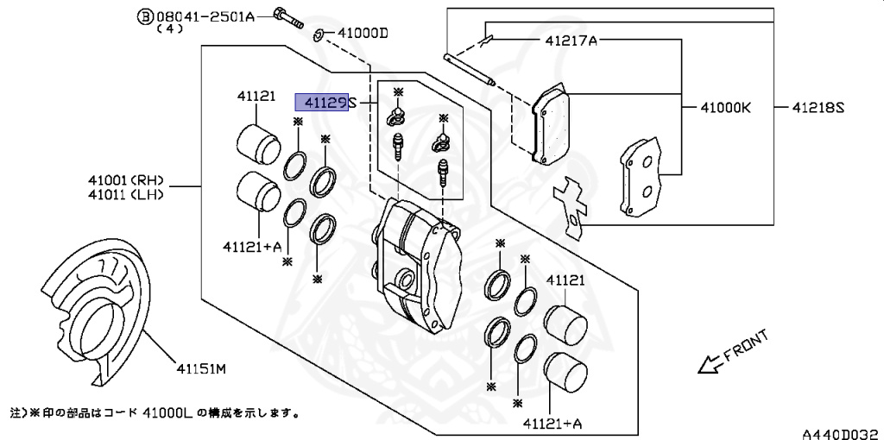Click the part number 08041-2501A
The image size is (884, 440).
click(205, 17)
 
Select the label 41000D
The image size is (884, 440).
click(363, 34)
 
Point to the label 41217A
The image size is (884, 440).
click(571, 41)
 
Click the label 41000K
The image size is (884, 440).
click(725, 108)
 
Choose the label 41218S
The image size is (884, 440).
click(818, 108)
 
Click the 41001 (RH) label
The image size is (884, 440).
click(125, 181)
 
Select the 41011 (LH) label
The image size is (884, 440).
click(125, 195)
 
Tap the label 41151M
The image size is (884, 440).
click(201, 369)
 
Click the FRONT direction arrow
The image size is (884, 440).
click(733, 353)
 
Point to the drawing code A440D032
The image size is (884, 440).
click(843, 434)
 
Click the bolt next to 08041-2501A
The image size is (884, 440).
click(288, 19)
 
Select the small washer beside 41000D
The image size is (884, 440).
click(318, 36)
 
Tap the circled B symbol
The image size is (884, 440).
click(145, 17)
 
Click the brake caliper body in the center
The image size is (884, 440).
click(417, 264)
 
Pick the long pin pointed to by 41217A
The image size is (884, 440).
click(469, 70)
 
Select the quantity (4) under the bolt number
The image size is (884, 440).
click(170, 29)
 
